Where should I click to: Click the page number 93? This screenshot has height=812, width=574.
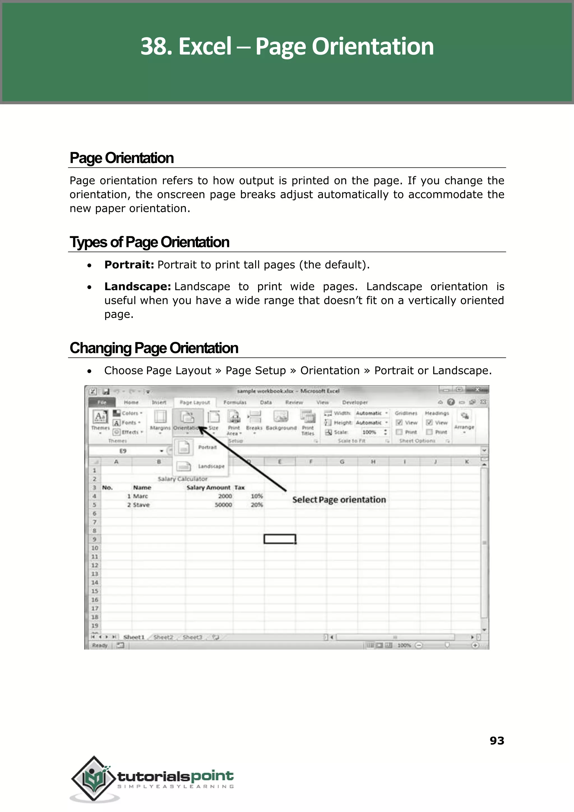click(497, 740)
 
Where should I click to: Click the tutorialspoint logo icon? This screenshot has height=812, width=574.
click(94, 779)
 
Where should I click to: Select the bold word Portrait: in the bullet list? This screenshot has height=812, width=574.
click(129, 265)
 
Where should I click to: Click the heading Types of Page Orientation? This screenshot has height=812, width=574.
click(149, 242)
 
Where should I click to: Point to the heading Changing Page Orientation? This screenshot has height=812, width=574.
click(154, 348)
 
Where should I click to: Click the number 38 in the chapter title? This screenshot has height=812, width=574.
click(156, 46)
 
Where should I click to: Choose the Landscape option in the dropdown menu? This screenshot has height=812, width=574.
click(211, 466)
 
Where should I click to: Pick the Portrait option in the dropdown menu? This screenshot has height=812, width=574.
click(207, 447)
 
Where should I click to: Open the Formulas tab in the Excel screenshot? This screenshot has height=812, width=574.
click(235, 402)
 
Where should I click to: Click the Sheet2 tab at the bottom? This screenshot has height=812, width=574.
click(163, 637)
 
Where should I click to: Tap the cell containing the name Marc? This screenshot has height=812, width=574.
click(140, 496)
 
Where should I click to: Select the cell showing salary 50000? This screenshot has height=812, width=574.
click(223, 505)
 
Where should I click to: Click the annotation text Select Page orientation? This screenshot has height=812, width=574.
click(339, 500)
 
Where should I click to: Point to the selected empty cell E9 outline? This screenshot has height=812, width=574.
click(280, 539)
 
